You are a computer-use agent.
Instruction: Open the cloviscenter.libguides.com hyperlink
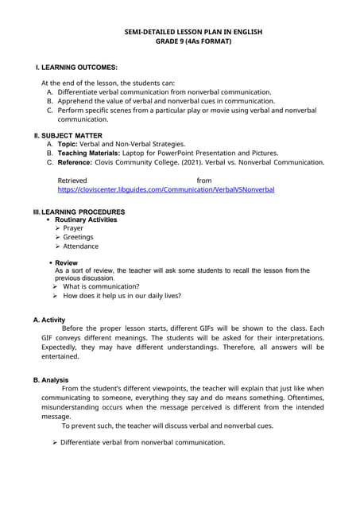166,191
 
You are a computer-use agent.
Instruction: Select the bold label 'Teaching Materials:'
94,153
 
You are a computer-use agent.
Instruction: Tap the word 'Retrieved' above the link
72,181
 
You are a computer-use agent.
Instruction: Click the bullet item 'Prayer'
73,228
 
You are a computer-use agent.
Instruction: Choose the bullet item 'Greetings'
78,237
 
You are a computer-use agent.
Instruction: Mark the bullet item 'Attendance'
80,247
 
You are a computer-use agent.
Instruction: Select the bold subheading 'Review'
66,262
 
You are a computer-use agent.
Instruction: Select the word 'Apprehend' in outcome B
77,102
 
